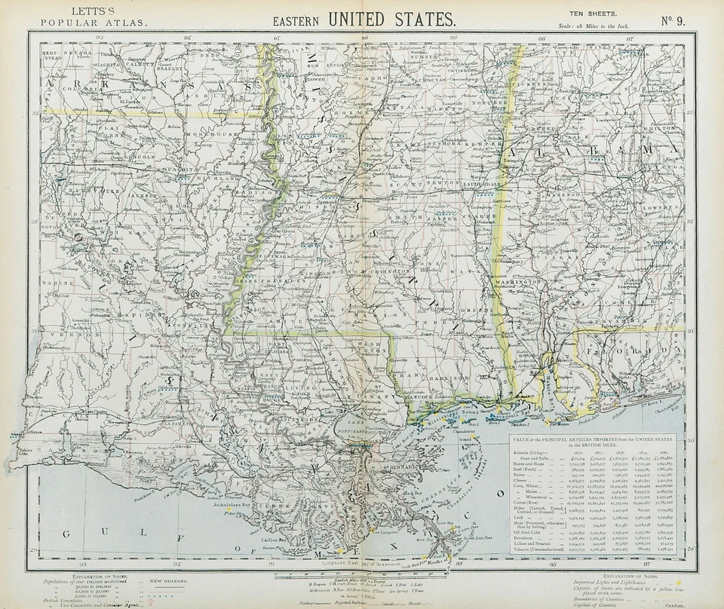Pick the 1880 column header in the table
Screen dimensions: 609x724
point(666,451)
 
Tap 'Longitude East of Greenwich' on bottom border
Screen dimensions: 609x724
point(362,563)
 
